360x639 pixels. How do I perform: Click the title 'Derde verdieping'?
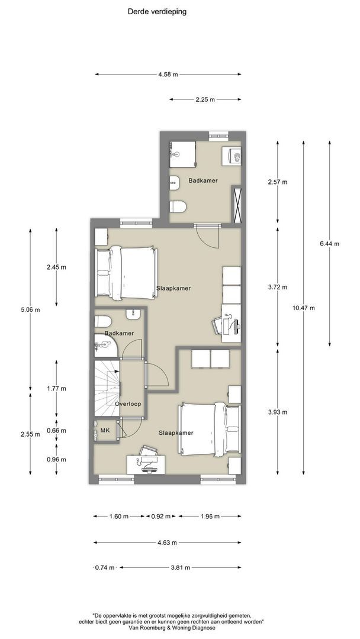(157, 12)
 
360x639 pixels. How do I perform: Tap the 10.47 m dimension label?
(303, 308)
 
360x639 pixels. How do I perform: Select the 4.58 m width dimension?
(168, 75)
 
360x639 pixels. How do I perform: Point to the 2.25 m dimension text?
(205, 99)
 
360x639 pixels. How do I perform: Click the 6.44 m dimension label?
(329, 244)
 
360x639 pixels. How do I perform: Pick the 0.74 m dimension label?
(105, 567)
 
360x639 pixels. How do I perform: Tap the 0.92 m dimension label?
(160, 517)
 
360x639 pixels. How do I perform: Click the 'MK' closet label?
(105, 430)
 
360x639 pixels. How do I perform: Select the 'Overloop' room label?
(128, 404)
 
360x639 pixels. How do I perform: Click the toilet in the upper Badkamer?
(178, 206)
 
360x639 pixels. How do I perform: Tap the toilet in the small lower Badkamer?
(103, 321)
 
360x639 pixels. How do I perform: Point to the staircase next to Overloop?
(107, 388)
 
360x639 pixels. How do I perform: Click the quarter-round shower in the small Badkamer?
(106, 346)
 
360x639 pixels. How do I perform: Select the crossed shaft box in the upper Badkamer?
(236, 204)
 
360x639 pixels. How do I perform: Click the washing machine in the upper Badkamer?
(232, 156)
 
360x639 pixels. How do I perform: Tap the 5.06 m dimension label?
(30, 309)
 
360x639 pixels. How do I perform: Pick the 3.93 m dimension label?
(278, 412)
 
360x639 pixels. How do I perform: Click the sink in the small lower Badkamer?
(133, 314)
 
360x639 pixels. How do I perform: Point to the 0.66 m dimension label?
(56, 430)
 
